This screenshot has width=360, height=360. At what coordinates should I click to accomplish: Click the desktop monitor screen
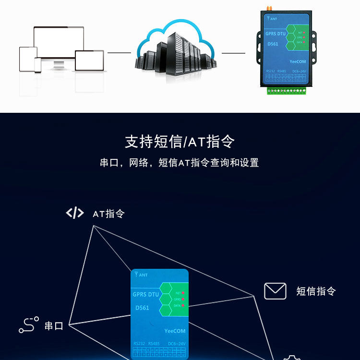coord(59,42)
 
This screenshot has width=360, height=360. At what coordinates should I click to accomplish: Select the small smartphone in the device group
coord(37,65)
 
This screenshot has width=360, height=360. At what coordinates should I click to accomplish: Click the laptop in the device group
coord(89,60)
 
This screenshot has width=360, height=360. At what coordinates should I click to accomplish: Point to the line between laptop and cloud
coord(119,52)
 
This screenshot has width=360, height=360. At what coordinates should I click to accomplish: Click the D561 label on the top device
coord(272,44)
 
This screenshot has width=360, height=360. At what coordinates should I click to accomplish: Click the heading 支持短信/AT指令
coord(180,142)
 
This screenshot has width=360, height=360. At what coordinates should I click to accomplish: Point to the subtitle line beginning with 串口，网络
coord(180,163)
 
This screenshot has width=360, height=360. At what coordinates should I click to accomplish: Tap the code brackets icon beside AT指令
coord(74,213)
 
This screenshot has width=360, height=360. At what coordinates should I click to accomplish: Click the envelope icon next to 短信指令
coord(275,291)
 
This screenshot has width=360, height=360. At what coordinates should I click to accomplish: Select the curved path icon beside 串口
coord(28,325)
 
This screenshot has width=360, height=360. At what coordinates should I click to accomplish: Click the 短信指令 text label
coord(316,291)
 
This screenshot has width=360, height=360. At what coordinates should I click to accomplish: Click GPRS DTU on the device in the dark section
coord(145,294)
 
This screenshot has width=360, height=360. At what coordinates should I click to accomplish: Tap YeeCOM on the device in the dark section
coord(175,331)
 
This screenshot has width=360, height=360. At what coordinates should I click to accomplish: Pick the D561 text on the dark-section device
coord(142,308)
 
